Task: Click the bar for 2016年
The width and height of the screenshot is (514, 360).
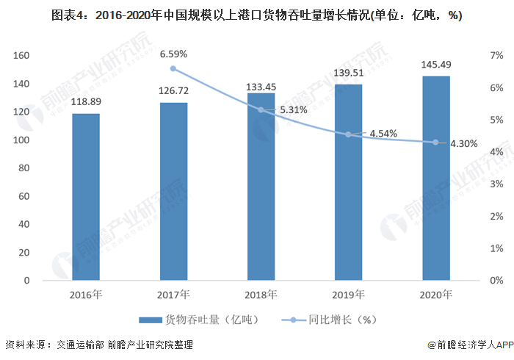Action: (86, 197)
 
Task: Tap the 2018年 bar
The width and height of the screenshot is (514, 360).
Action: (261, 187)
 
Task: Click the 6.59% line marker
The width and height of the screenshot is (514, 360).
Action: (173, 68)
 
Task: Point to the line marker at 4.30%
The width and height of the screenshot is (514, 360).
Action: (436, 143)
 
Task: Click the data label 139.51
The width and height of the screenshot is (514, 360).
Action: (349, 73)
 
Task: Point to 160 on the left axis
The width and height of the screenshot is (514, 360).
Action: (21, 56)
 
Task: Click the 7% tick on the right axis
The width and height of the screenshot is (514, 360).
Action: (497, 56)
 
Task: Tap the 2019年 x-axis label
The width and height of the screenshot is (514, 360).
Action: (349, 295)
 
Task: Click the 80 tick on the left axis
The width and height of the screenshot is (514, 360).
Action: (23, 168)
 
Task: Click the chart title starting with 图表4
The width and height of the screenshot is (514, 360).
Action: (257, 16)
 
